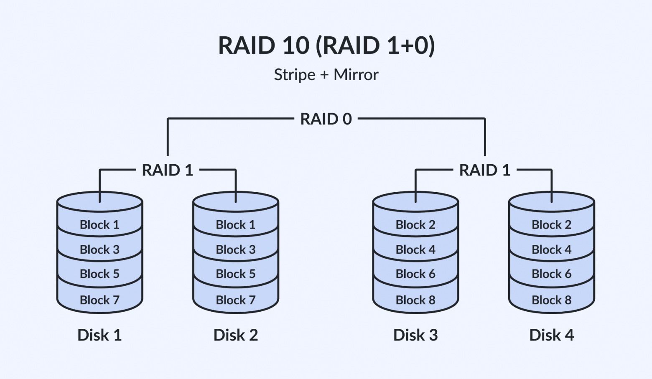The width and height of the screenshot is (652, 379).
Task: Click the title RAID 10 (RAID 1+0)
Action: [x=326, y=45]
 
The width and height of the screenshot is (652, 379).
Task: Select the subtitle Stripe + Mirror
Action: [x=326, y=75]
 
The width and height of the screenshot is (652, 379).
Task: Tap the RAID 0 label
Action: [x=326, y=119]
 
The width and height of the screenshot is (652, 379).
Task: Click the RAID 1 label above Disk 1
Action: [x=168, y=170]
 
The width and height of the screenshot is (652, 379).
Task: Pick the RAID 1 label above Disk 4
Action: [x=485, y=170]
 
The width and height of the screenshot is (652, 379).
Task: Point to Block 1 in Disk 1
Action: [x=100, y=225]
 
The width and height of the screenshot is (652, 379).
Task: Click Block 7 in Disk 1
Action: [x=100, y=300]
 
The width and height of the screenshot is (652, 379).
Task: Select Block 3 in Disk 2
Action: [x=236, y=249]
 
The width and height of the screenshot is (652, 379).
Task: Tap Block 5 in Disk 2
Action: [x=236, y=274]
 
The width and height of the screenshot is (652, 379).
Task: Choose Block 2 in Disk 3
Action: [x=415, y=225]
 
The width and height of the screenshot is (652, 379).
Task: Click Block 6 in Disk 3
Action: [x=415, y=274]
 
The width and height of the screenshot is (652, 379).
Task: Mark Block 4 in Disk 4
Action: [x=552, y=249]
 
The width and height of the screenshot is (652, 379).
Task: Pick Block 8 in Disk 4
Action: [x=552, y=300]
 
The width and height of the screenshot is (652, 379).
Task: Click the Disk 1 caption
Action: [x=99, y=335]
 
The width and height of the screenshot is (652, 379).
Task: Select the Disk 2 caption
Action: [x=236, y=335]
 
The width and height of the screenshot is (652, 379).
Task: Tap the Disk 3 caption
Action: [x=415, y=335]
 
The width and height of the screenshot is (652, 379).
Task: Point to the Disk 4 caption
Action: [x=552, y=335]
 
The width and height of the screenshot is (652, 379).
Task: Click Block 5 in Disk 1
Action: [x=100, y=274]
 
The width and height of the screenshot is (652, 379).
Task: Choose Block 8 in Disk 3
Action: [x=415, y=300]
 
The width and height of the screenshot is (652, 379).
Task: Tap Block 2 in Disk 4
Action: [x=552, y=225]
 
